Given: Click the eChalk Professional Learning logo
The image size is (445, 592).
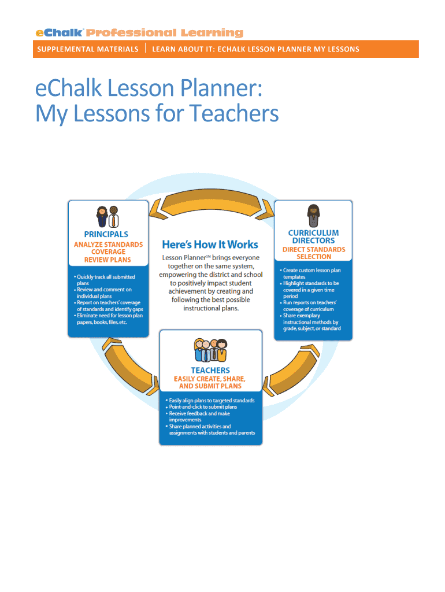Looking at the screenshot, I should (x=139, y=33).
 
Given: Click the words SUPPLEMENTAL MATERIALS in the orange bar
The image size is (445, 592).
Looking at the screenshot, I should (x=87, y=49).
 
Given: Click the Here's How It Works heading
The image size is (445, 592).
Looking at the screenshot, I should (x=210, y=244).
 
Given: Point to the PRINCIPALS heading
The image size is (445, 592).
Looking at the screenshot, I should (x=106, y=234).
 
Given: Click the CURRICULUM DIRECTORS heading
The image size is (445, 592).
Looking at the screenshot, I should (x=313, y=236).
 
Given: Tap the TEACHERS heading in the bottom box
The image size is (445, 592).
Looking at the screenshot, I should (x=210, y=370).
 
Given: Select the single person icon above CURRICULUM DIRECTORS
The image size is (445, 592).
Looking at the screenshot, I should (x=313, y=216).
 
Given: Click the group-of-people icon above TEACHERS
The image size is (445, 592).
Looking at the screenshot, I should (x=210, y=350).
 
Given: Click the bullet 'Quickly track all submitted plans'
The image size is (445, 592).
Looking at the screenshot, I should (x=105, y=280).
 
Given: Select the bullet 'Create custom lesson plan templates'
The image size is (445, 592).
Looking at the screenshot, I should (x=311, y=273).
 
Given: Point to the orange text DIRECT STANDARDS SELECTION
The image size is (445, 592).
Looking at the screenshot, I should (x=313, y=253).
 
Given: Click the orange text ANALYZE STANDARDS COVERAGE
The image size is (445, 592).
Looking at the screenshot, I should (x=108, y=248).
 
